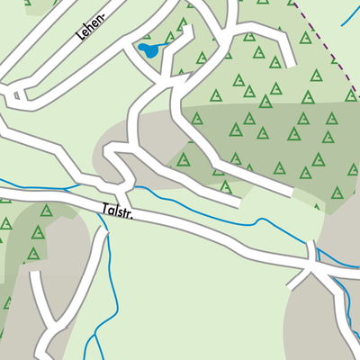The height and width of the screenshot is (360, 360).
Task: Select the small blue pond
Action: pos(147,49)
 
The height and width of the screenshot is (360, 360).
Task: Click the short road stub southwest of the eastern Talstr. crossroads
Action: pos(294,280)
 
